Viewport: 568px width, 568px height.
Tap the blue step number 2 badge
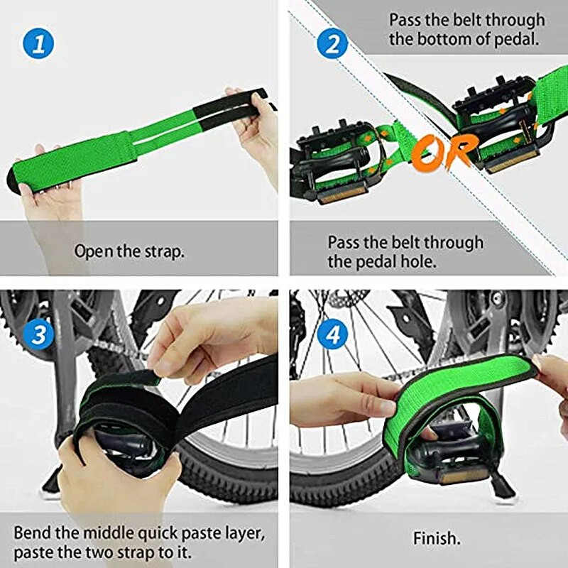click(x=332, y=45)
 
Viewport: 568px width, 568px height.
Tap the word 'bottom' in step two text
click(x=457, y=39)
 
